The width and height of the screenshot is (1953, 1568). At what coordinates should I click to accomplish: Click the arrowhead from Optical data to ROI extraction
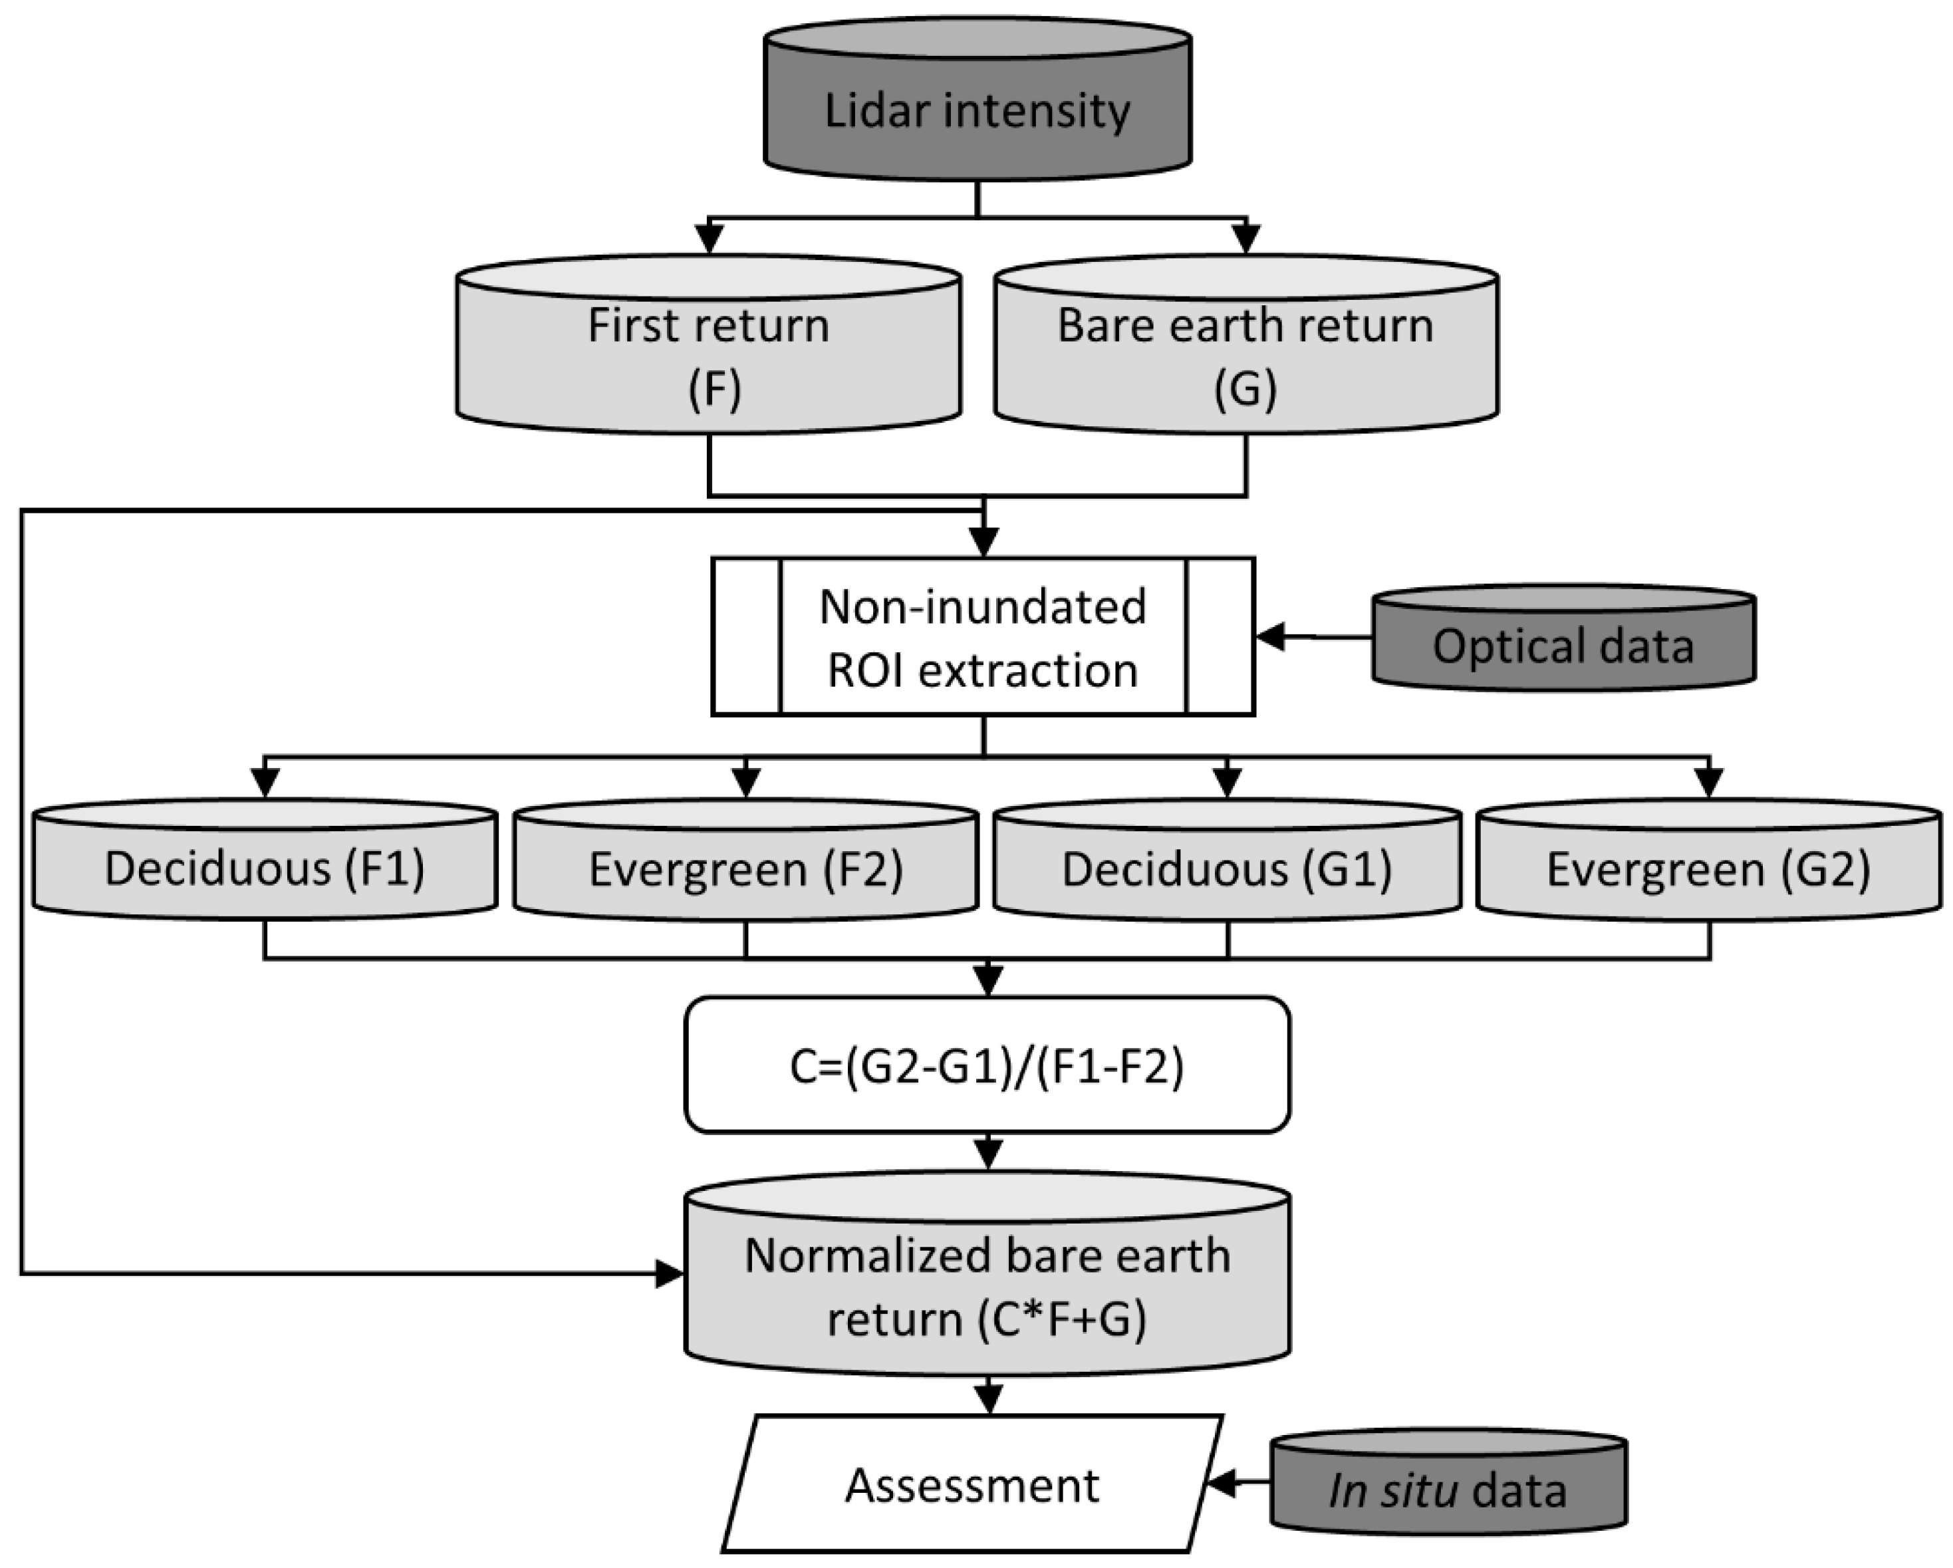1270,637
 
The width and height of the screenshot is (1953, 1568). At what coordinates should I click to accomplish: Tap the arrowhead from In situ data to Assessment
1221,1484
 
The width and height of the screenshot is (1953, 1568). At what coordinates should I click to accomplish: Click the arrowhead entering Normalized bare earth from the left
670,1273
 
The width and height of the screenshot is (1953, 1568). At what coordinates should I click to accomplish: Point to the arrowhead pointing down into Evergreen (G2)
1708,783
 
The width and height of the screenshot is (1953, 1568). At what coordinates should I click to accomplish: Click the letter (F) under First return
715,390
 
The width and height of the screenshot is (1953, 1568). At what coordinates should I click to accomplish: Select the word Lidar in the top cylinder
865,110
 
